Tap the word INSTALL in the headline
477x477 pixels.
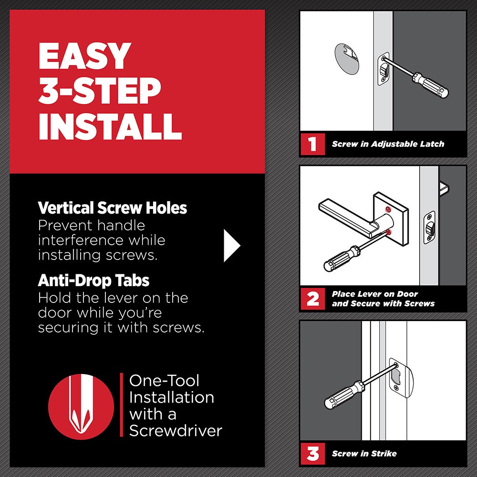click(110, 124)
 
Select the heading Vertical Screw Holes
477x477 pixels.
click(112, 208)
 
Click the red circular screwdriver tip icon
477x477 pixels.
click(82, 404)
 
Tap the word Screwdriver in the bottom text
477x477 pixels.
click(176, 430)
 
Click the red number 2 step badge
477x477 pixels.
click(312, 299)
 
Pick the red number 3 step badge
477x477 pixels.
click(312, 453)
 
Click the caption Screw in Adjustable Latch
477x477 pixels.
click(388, 144)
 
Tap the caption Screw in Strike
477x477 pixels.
click(364, 453)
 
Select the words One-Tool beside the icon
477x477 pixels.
click(165, 381)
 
